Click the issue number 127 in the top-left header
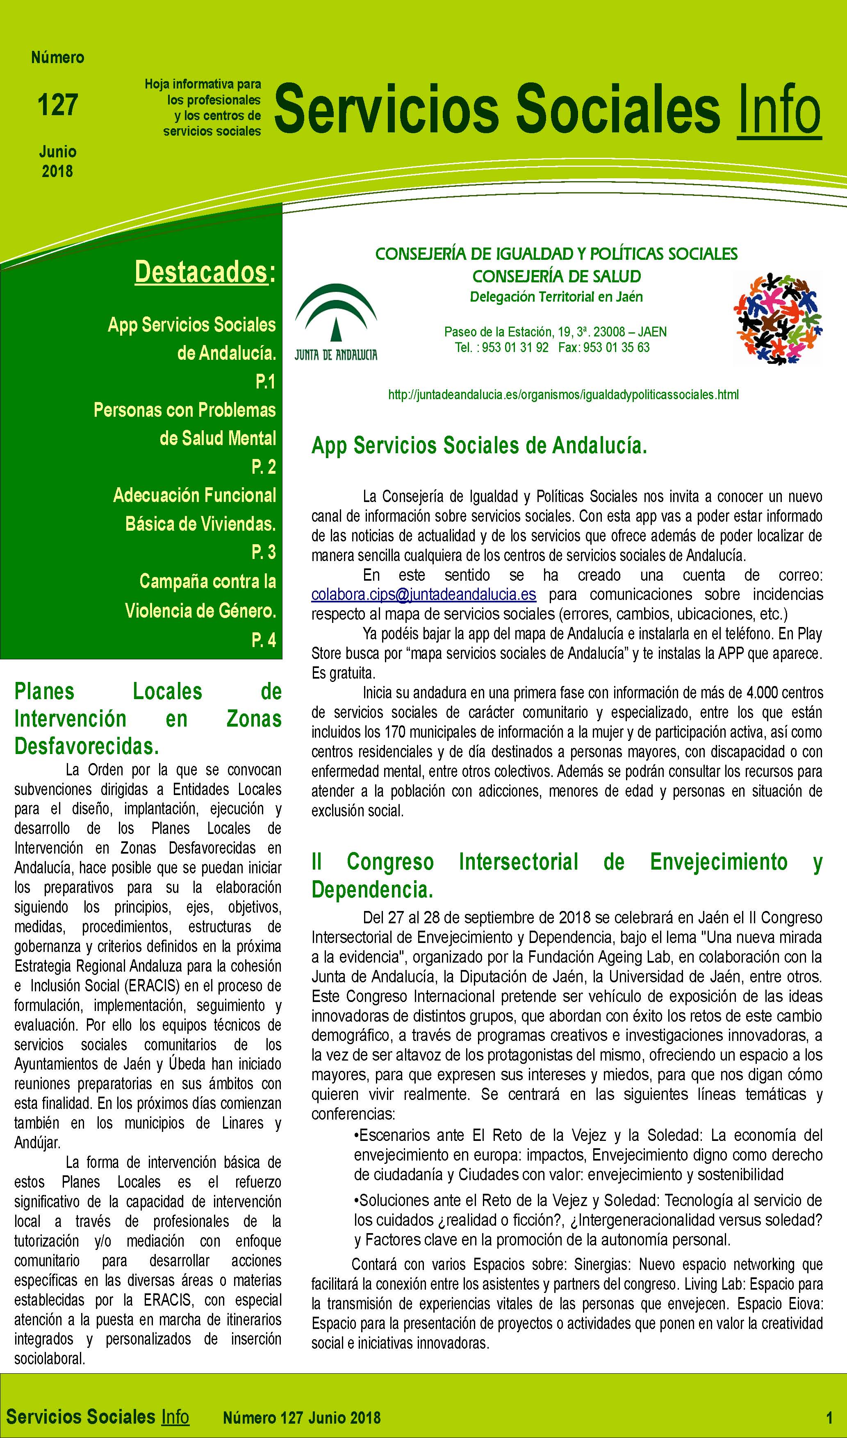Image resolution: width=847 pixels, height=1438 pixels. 58,105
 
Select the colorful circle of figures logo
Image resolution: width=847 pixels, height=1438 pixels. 777,318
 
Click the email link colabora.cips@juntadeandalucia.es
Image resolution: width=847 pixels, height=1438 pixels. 423,595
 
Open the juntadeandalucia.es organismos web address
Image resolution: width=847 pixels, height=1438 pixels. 563,394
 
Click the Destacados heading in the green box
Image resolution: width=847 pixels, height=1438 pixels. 201,272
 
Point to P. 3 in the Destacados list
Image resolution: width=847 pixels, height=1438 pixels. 263,552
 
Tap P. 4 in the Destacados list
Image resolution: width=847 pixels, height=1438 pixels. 263,640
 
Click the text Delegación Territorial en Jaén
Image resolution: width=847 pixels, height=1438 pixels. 556,297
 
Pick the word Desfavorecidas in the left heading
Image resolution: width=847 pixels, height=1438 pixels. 86,746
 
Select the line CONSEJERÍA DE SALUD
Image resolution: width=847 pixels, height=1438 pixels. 556,276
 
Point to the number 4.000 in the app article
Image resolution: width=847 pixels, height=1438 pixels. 762,693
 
